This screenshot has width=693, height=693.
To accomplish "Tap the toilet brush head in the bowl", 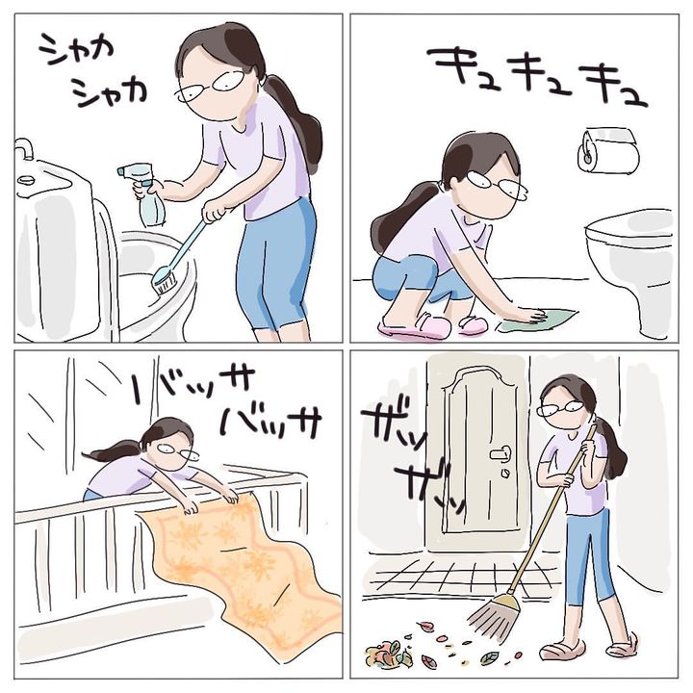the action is (x=164, y=281).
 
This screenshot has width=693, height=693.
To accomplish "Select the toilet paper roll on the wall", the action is (x=608, y=151).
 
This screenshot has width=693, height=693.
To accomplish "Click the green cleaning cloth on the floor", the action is (x=537, y=320).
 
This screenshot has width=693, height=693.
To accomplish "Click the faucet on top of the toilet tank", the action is (x=25, y=149).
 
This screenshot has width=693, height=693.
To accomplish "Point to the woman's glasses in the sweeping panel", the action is (x=560, y=408).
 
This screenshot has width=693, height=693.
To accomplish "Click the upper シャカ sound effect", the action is (x=76, y=49).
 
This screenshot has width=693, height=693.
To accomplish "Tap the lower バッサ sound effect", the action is (x=270, y=423).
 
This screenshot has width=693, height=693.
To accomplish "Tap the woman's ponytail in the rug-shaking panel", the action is (x=113, y=450).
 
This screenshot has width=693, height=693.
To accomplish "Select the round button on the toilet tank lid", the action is (x=26, y=180).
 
